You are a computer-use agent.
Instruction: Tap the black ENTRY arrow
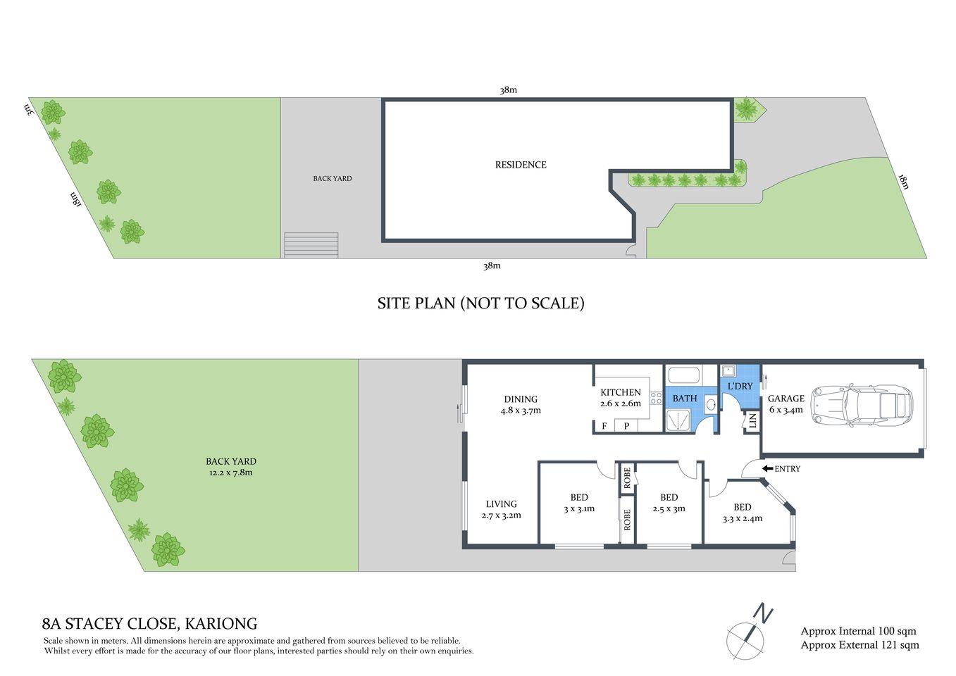767,469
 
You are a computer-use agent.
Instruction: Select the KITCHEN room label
620,393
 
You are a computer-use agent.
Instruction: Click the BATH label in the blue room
684,399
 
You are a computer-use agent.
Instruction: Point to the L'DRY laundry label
740,387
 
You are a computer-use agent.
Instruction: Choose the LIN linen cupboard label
752,421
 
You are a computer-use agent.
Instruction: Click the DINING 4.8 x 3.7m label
521,405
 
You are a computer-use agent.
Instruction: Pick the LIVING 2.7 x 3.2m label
501,509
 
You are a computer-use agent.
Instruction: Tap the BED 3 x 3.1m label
579,503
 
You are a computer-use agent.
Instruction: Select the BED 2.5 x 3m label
669,503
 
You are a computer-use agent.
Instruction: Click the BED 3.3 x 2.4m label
742,513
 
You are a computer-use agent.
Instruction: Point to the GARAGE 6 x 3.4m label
786,403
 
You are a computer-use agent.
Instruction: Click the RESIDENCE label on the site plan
521,165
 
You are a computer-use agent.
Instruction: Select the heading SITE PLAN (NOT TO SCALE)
480,303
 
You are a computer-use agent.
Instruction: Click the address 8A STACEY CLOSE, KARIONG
150,624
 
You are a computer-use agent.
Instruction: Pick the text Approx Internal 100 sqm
858,632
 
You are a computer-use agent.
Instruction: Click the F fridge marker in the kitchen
604,426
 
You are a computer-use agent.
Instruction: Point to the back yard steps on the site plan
311,245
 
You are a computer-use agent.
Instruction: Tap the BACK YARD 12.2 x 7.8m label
230,467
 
